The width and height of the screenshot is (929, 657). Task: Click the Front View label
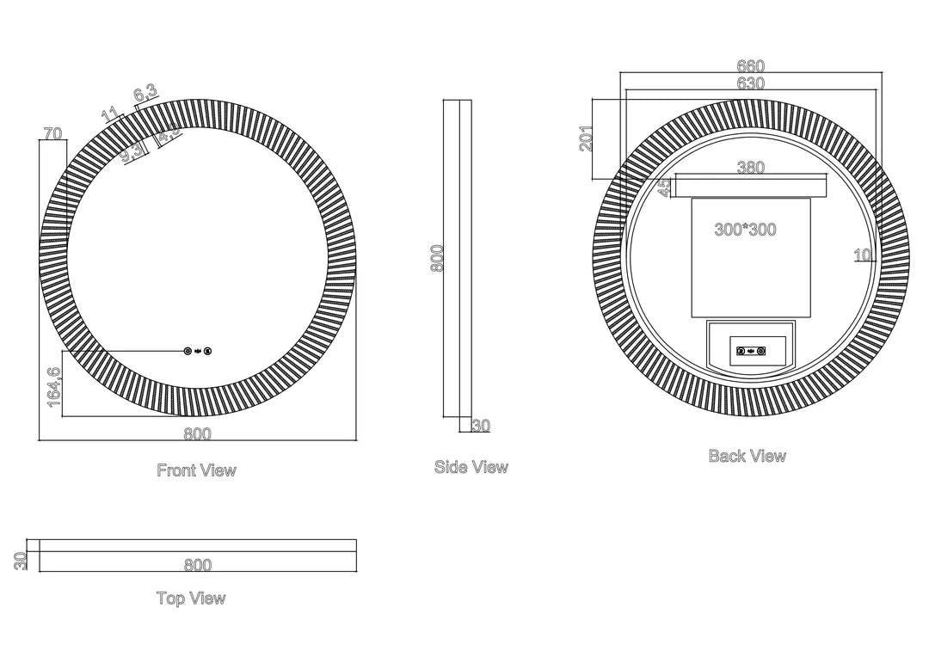(196, 470)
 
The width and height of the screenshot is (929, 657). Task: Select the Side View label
(471, 467)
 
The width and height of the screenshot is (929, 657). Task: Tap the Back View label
(747, 456)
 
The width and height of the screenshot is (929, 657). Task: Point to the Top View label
(191, 598)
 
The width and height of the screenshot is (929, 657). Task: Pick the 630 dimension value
(751, 83)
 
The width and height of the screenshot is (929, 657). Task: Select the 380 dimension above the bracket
(751, 169)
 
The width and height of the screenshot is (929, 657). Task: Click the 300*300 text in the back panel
(745, 230)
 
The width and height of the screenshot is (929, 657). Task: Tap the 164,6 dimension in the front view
(54, 386)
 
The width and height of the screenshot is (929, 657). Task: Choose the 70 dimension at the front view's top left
(52, 133)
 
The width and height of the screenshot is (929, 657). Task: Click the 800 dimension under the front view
(197, 434)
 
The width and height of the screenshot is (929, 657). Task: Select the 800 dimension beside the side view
(437, 259)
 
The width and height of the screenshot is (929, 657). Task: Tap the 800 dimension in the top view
(197, 565)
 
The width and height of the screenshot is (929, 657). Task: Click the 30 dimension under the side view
(481, 426)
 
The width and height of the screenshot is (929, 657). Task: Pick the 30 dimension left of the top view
(22, 560)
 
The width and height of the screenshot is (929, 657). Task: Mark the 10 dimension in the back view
(863, 255)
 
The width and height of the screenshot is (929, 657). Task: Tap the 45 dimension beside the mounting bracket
(665, 188)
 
